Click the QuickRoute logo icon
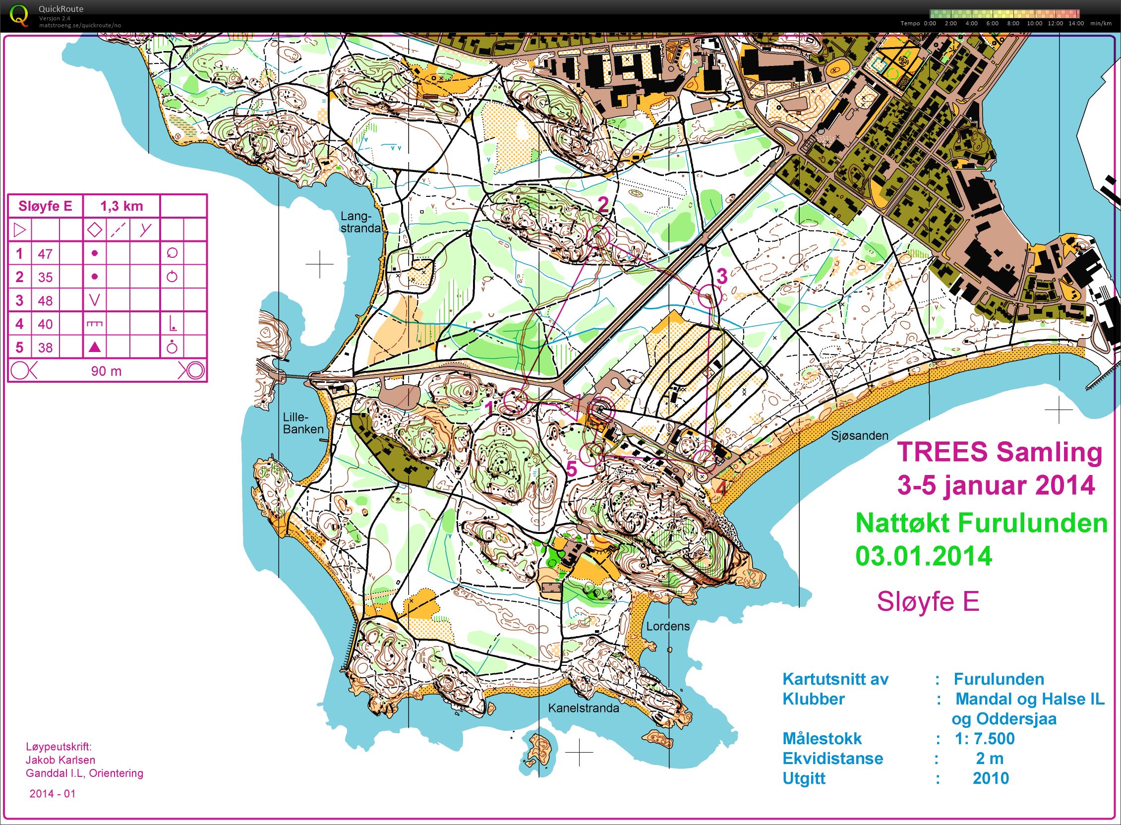coord(19,15)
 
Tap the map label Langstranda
coord(360,222)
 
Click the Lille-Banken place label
coord(303,423)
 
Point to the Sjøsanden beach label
coord(859,435)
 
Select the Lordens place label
coord(668,626)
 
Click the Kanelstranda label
coord(583,707)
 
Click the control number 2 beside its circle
coord(603,205)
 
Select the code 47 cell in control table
coord(46,254)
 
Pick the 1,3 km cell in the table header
coord(121,206)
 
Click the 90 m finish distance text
coord(106,371)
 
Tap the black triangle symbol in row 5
coord(94,347)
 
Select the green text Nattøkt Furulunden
coord(981,524)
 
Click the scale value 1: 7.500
coord(984,738)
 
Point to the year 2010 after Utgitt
coord(990,778)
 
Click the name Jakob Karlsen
coord(60,760)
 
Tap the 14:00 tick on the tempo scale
coord(1075,23)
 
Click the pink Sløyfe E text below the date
coord(928,601)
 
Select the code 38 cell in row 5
coord(46,347)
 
